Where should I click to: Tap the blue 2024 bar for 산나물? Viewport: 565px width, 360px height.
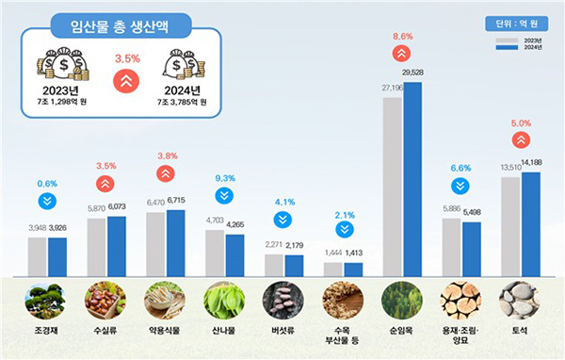234,254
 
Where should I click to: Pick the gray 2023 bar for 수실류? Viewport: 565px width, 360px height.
96,247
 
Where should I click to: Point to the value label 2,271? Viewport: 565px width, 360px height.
275,245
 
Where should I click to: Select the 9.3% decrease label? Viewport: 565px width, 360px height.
224,177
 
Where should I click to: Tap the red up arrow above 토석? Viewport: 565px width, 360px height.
521,141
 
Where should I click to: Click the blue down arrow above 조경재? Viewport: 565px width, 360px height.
46,201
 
